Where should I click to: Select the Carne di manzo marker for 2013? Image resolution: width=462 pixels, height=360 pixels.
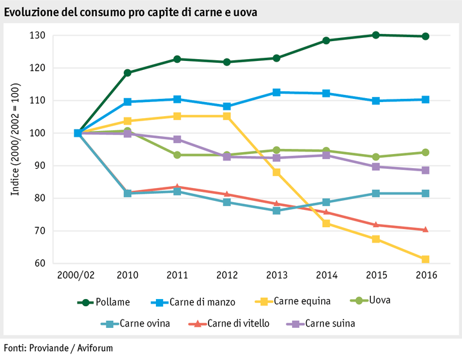click(x=277, y=92)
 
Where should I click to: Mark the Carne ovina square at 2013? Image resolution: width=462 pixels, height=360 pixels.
click(x=277, y=210)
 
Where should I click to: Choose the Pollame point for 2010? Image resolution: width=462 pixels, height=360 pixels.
click(x=128, y=73)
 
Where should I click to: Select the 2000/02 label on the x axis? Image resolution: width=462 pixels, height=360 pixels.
click(x=77, y=275)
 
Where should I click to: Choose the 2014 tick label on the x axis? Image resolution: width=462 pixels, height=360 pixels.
click(x=327, y=275)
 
